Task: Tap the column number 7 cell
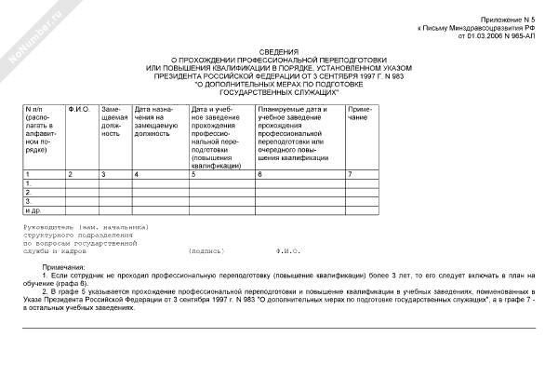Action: [x=350, y=174]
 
